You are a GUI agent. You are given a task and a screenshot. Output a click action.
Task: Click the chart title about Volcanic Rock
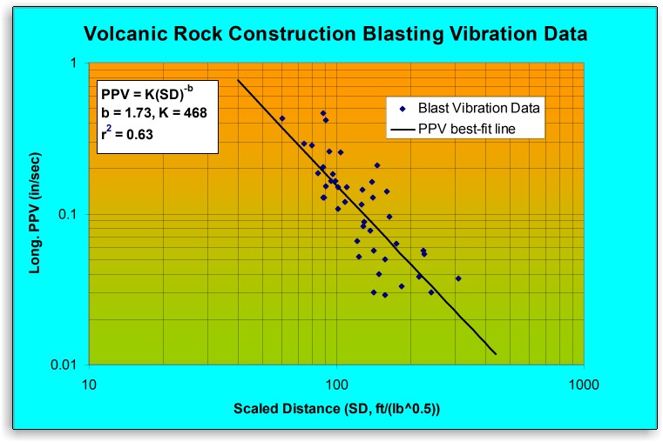tap(335, 34)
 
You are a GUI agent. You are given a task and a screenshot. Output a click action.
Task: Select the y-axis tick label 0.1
tap(71, 214)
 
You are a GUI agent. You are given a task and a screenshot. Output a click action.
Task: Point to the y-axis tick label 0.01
tap(67, 365)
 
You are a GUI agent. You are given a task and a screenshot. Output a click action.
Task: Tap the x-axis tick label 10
tap(88, 382)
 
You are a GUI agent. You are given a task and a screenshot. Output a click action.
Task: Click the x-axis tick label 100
tap(336, 382)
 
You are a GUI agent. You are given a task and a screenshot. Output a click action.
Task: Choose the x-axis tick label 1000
tap(582, 382)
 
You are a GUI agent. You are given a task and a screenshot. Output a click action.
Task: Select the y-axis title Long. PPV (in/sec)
tap(37, 214)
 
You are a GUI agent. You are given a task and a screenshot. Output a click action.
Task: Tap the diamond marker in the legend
tap(402, 109)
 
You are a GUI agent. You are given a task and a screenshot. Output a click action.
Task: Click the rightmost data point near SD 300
tap(458, 278)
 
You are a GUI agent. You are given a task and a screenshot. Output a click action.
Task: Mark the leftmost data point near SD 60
tap(282, 118)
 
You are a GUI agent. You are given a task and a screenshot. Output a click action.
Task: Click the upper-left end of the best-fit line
tap(238, 81)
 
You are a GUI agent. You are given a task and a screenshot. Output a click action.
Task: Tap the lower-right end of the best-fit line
tap(496, 354)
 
